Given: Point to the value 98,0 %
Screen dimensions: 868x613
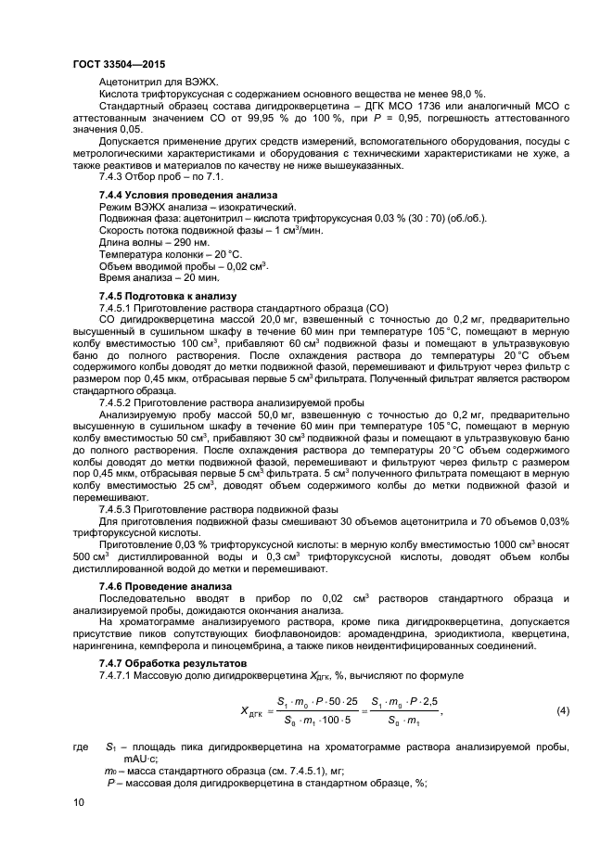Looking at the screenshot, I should click(x=466, y=94).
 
